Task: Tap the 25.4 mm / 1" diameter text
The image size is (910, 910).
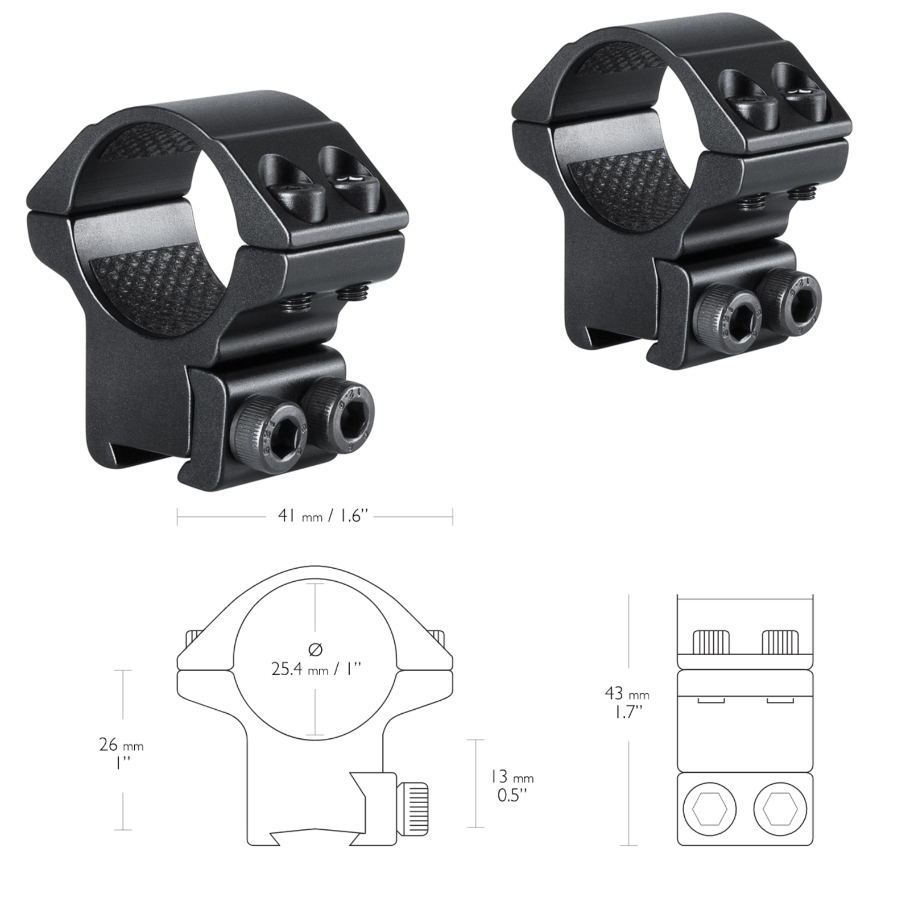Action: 316,669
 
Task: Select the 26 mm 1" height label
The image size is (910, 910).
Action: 121,753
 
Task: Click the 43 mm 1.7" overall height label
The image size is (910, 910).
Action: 627,702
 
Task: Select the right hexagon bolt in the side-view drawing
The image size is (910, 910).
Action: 780,808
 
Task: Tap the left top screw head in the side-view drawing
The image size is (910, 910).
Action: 711,642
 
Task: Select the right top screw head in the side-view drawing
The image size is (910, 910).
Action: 780,642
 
